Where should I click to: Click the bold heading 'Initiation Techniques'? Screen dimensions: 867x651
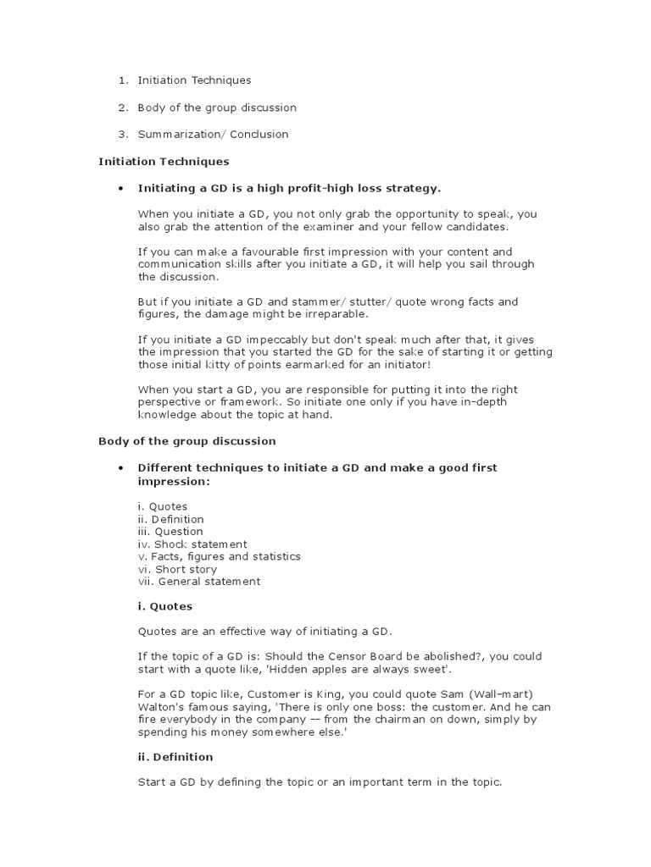[x=164, y=161]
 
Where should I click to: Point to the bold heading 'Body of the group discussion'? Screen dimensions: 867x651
[x=187, y=441]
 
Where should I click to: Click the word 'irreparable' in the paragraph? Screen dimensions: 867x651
[x=337, y=314]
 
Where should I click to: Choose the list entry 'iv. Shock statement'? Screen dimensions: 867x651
[x=192, y=544]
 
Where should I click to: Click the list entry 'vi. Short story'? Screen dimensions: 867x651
[x=178, y=569]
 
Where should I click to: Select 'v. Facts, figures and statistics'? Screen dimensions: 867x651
[x=219, y=556]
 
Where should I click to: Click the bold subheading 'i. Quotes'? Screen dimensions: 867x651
[x=165, y=606]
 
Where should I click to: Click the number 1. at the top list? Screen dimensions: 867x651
[x=123, y=80]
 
